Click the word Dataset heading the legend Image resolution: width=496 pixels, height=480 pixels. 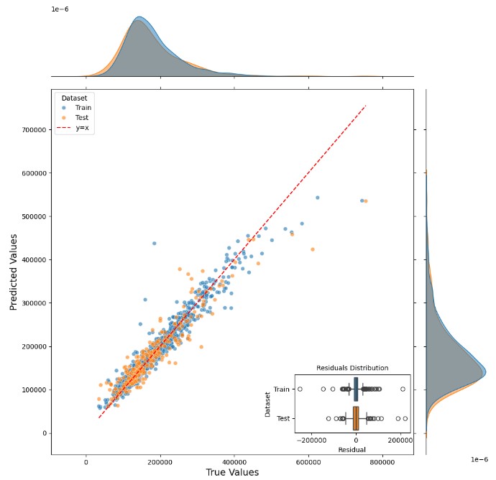pyautogui.click(x=74, y=97)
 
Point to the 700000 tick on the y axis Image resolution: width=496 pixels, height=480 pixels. pyautogui.click(x=32, y=130)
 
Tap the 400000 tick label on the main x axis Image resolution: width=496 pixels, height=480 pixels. pyautogui.click(x=234, y=461)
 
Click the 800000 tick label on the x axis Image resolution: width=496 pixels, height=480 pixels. pyautogui.click(x=382, y=461)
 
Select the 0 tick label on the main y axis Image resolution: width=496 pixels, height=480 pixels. pyautogui.click(x=45, y=433)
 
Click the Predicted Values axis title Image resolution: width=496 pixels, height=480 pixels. pyautogui.click(x=13, y=270)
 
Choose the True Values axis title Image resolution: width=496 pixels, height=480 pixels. pyautogui.click(x=231, y=472)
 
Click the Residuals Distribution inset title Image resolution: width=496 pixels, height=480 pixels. pyautogui.click(x=352, y=368)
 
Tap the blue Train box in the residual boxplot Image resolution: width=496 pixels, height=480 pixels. pyautogui.click(x=356, y=389)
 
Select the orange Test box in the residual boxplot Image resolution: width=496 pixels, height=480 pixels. pyautogui.click(x=356, y=417)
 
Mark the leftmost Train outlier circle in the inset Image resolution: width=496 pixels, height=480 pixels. pyautogui.click(x=300, y=389)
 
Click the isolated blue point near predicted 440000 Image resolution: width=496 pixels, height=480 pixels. pyautogui.click(x=154, y=244)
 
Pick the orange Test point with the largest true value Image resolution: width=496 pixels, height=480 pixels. pyautogui.click(x=366, y=201)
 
